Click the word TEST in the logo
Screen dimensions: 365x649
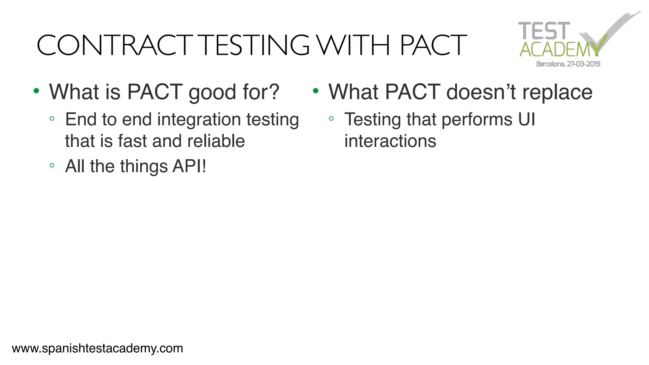[544, 31]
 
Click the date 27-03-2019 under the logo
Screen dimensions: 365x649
[583, 64]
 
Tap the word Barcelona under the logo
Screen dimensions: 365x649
[550, 64]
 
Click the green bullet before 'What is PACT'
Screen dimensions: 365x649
[36, 91]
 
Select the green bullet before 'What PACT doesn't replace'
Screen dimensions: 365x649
[316, 91]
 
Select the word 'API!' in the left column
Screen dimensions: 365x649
[189, 166]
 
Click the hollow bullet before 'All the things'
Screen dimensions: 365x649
[52, 165]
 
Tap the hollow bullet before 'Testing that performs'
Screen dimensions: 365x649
[331, 119]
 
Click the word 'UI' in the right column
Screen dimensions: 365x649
[526, 119]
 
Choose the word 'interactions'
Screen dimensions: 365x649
[390, 141]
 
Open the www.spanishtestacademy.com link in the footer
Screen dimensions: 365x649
[97, 349]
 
